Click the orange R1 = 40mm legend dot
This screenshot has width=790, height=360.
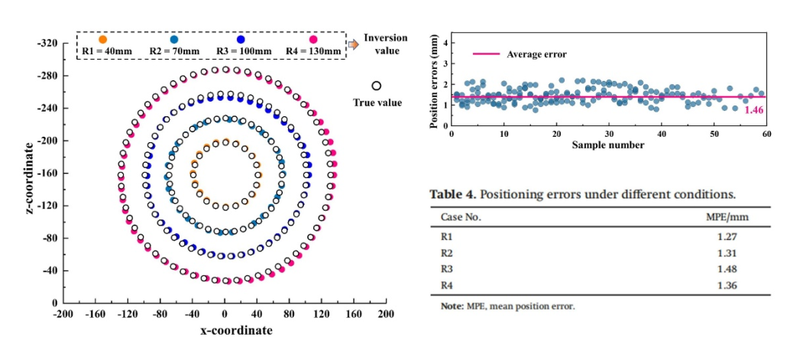pos(103,39)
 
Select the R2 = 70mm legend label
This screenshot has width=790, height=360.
pos(175,51)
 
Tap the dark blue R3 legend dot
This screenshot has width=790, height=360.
pos(241,39)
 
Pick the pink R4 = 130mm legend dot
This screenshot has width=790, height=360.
pos(313,39)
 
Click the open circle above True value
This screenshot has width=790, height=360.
pos(377,86)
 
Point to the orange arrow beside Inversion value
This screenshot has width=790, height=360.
pos(353,45)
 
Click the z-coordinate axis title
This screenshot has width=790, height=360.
pos(28,174)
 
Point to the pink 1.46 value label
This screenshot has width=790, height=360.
pos(754,110)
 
